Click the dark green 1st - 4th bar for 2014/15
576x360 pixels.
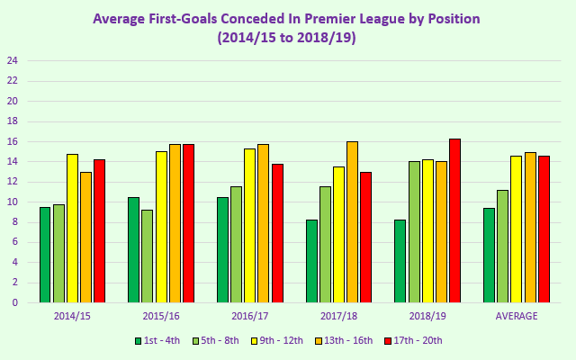pyautogui.click(x=45, y=255)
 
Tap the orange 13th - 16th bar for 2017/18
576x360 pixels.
pyautogui.click(x=352, y=221)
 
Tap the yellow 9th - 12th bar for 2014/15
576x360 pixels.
pyautogui.click(x=72, y=228)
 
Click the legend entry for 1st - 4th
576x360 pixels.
pyautogui.click(x=159, y=340)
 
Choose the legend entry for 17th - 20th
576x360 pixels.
pyautogui.click(x=413, y=340)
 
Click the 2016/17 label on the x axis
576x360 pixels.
pyautogui.click(x=249, y=316)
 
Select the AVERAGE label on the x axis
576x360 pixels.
pyautogui.click(x=517, y=316)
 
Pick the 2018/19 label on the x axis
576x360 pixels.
pyautogui.click(x=427, y=316)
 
